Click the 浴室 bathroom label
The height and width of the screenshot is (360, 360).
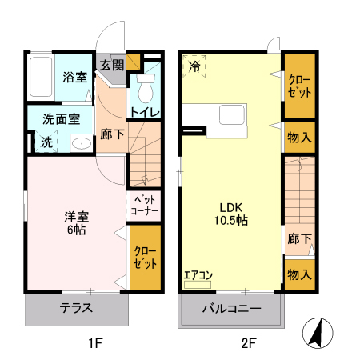click(75, 78)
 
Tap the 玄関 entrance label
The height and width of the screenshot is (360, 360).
click(112, 65)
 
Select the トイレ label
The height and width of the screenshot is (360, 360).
click(145, 112)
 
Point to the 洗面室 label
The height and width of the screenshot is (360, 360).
click(61, 119)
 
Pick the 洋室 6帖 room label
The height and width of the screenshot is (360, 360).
click(76, 222)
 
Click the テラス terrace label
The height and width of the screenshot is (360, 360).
click(76, 308)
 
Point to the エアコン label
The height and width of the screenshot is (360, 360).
click(198, 276)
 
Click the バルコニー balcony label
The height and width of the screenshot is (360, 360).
click(231, 308)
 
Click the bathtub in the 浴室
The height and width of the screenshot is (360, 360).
click(42, 78)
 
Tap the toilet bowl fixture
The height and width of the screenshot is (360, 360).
click(146, 86)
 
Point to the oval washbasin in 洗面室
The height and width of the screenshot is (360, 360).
click(79, 144)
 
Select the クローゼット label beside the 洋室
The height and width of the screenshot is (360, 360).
click(145, 258)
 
